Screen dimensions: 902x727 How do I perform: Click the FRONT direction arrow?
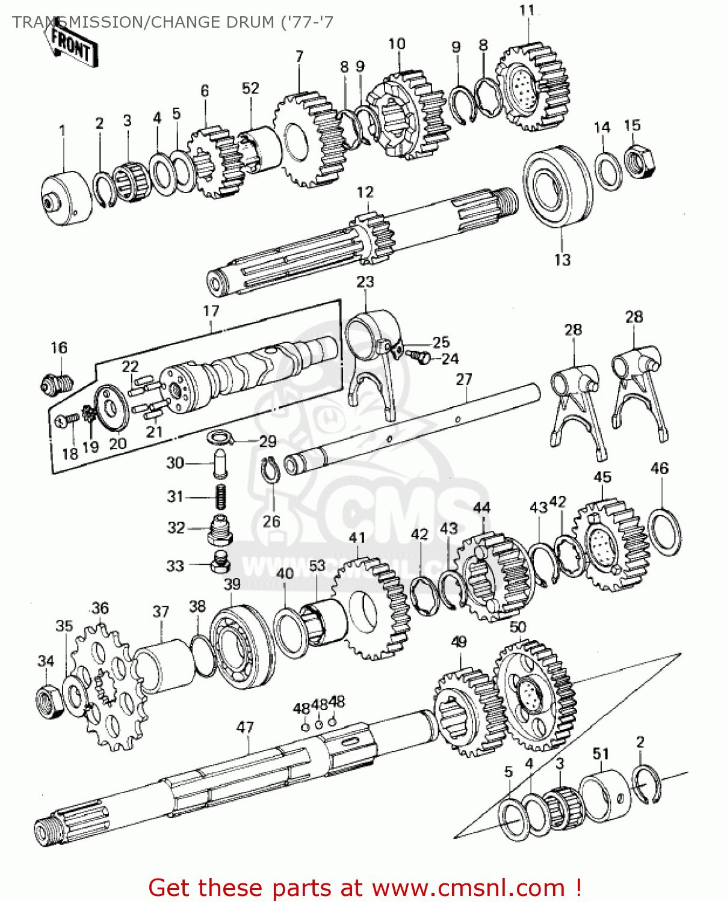click(x=72, y=45)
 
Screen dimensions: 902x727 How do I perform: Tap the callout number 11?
click(x=527, y=11)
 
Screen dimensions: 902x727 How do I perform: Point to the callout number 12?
click(x=365, y=192)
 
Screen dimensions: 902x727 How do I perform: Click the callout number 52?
click(x=250, y=88)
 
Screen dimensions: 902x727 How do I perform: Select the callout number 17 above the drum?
click(x=211, y=311)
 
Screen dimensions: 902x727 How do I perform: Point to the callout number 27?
click(x=464, y=379)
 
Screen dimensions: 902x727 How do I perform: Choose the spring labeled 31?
click(x=221, y=496)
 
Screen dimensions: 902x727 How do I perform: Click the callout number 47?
click(x=245, y=728)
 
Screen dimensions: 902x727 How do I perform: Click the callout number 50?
click(x=518, y=627)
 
